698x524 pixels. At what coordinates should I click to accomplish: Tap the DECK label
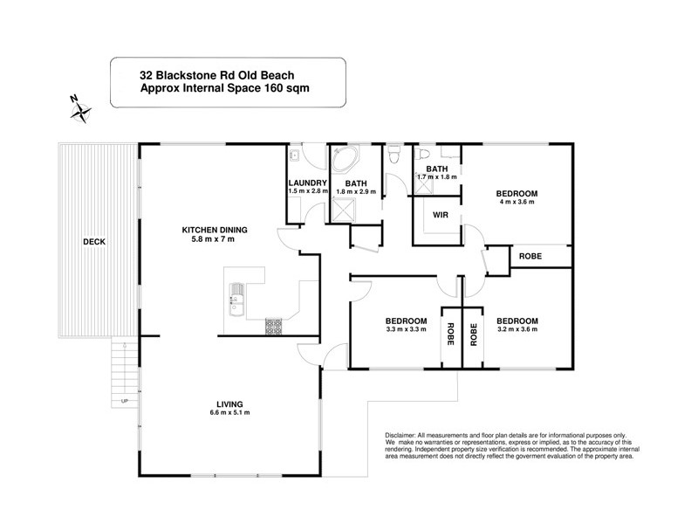(x=94, y=242)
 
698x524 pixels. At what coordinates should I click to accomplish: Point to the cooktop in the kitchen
(x=273, y=326)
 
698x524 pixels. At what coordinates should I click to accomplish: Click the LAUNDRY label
(x=306, y=183)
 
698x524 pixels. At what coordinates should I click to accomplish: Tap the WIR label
(x=440, y=213)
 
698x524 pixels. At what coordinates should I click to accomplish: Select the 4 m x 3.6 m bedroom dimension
(x=517, y=202)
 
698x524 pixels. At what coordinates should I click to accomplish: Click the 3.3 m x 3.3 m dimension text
(x=404, y=329)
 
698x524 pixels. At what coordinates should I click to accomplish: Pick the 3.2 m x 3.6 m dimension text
(x=517, y=329)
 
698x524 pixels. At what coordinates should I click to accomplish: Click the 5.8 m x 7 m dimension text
(x=215, y=239)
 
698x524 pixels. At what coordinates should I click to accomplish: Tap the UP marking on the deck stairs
(x=125, y=401)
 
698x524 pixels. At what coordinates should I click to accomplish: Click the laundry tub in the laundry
(x=295, y=156)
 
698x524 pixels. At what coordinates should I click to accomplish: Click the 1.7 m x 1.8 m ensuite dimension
(x=437, y=177)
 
